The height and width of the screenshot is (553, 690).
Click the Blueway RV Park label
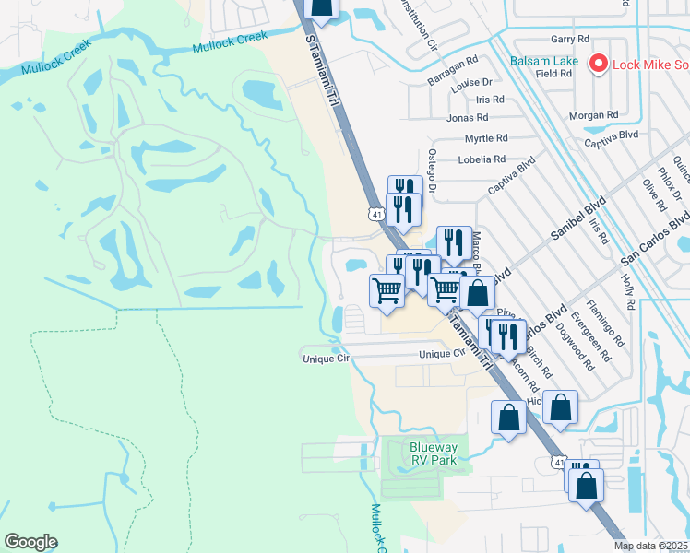click(x=434, y=453)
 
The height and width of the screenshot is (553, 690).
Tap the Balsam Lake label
click(x=543, y=62)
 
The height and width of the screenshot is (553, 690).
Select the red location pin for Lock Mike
click(x=598, y=64)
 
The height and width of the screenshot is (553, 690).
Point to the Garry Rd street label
click(x=569, y=39)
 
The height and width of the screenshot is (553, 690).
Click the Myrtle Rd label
click(x=486, y=138)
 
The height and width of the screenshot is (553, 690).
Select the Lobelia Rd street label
click(x=482, y=159)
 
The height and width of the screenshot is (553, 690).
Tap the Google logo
click(x=30, y=541)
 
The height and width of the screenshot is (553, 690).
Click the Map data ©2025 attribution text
click(x=650, y=546)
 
